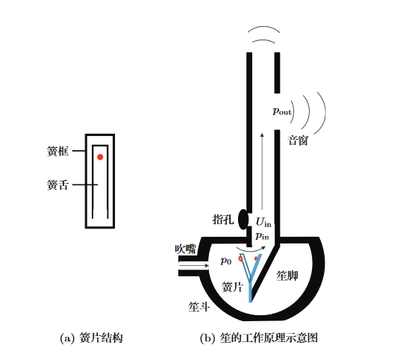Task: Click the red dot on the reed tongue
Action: [x=100, y=157]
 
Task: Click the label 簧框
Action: [x=57, y=151]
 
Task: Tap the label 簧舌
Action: [x=57, y=185]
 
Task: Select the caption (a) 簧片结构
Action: [x=91, y=338]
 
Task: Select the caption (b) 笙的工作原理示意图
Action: [x=259, y=338]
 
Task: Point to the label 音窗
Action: [x=298, y=140]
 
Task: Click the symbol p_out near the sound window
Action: [x=281, y=111]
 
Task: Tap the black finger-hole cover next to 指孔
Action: [x=243, y=220]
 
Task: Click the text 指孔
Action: [x=223, y=220]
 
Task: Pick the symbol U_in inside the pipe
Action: [x=263, y=222]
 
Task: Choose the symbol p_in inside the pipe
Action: [x=262, y=236]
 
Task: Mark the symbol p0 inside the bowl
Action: [x=226, y=261]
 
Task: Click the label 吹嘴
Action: [x=185, y=249]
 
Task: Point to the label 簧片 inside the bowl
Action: [x=232, y=287]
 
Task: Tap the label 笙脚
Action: [x=287, y=276]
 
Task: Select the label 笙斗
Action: [x=199, y=307]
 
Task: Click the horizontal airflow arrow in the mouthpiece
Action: [x=194, y=266]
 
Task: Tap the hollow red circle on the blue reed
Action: [x=240, y=258]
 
